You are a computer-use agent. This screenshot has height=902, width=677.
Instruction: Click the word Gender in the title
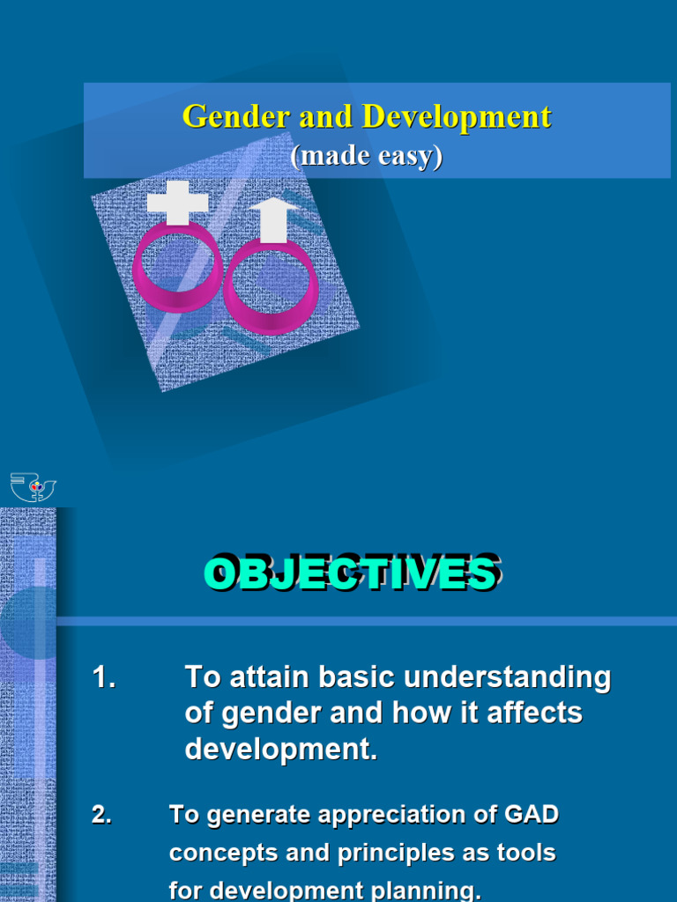(x=227, y=117)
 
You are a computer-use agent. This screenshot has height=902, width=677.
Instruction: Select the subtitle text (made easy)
(x=366, y=156)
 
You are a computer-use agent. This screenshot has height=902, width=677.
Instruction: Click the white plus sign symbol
(x=177, y=203)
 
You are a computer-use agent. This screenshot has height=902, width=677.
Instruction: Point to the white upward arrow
(x=274, y=219)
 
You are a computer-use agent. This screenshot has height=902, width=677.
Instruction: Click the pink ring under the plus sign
(x=176, y=268)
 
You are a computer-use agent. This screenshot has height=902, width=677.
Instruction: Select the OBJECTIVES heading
(x=351, y=573)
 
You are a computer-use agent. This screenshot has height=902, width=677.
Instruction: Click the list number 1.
(x=104, y=677)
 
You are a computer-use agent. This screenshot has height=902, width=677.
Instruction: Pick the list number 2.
(x=101, y=816)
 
